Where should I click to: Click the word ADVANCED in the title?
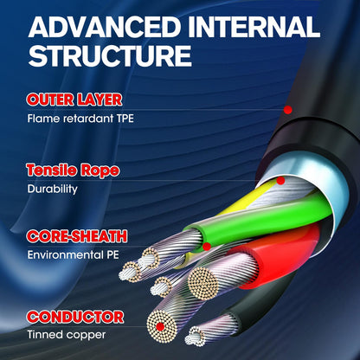(x=104, y=27)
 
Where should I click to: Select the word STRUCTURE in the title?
(x=110, y=55)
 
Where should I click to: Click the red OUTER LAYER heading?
(x=74, y=100)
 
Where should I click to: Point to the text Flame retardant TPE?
(x=80, y=119)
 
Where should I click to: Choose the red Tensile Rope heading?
(x=73, y=170)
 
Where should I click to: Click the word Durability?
(x=53, y=190)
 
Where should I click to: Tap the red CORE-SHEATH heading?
(x=77, y=236)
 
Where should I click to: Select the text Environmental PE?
(x=73, y=254)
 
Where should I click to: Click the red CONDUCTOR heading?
(x=75, y=317)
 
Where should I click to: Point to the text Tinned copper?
(x=67, y=335)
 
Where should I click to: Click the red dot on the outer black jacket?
(x=287, y=110)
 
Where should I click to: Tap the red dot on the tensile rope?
(x=280, y=181)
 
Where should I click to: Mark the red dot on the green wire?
(x=207, y=247)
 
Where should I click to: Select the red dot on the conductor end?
(x=160, y=327)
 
